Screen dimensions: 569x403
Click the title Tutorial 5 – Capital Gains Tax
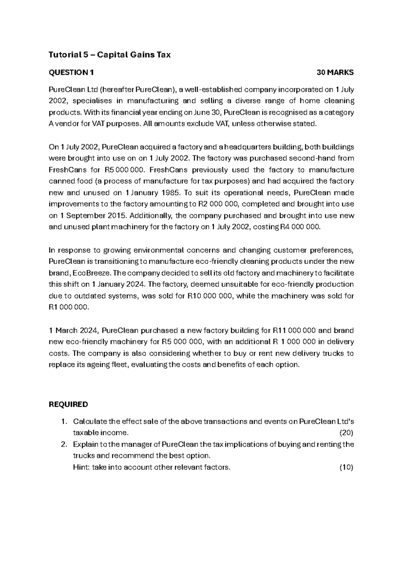(110, 55)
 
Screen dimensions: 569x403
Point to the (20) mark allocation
(346, 433)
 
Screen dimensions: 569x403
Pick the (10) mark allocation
(346, 467)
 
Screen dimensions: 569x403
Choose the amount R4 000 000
(300, 227)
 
